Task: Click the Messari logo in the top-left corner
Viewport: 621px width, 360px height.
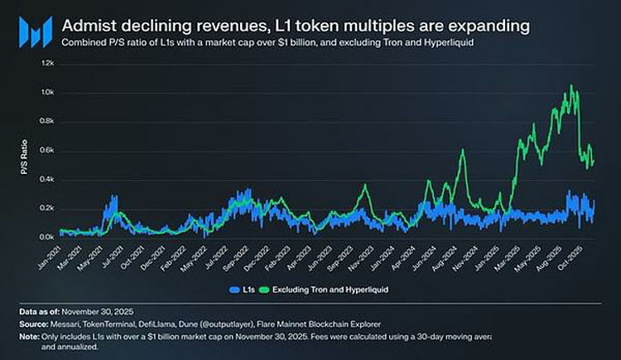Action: click(27, 32)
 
